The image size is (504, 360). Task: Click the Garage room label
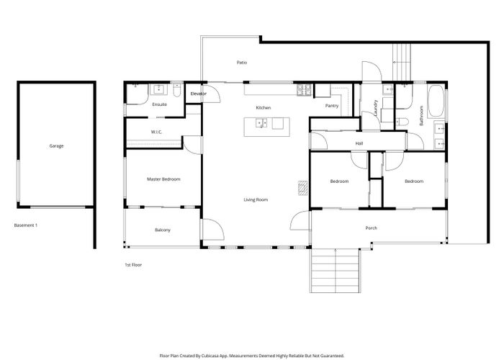[56, 146]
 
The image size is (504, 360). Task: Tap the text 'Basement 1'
[26, 225]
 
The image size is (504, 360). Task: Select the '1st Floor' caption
[133, 265]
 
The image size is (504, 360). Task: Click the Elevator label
[198, 94]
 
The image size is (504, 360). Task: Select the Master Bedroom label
[163, 179]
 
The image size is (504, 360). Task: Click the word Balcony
[163, 230]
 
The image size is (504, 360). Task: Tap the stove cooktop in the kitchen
[304, 90]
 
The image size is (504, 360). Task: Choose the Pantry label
[332, 106]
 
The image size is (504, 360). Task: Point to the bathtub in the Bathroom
[436, 102]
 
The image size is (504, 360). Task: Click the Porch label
[371, 228]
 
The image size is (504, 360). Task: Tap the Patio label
[242, 63]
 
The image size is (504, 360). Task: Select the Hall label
[359, 143]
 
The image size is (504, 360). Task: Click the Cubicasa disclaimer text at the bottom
[251, 355]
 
